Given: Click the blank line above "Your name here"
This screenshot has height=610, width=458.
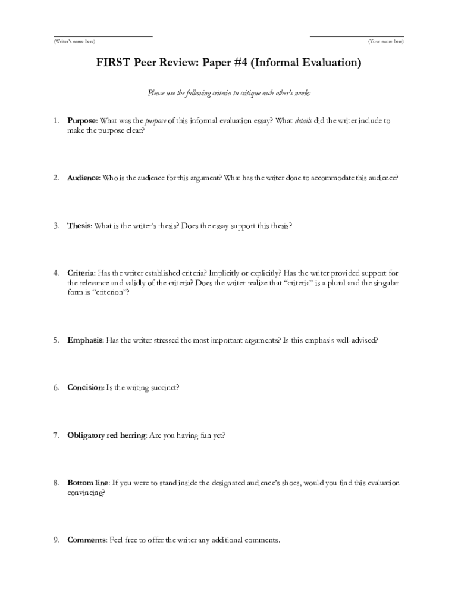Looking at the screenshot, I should [357, 36].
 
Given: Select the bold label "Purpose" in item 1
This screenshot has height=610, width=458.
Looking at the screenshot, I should [81, 121].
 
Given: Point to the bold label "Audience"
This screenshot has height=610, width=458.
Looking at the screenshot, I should [83, 178].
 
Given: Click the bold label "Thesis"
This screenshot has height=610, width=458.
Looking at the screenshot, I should [79, 226].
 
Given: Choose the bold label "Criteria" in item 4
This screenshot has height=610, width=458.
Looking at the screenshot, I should [80, 273].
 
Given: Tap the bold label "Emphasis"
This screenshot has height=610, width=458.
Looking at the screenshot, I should [85, 340].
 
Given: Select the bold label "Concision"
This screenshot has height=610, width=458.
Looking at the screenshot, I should [85, 388].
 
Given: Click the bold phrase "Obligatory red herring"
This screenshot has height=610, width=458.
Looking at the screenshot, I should [106, 435].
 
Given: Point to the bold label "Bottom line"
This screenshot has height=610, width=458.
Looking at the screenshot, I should [88, 483].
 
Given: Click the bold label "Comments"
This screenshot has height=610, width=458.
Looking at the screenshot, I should [86, 540].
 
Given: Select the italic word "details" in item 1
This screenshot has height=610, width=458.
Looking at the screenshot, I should [303, 121].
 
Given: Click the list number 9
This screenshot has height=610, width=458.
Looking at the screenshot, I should [55, 540].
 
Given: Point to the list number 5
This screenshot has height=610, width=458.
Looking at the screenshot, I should [55, 340].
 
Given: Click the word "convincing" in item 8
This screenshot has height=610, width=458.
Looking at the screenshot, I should [85, 493].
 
